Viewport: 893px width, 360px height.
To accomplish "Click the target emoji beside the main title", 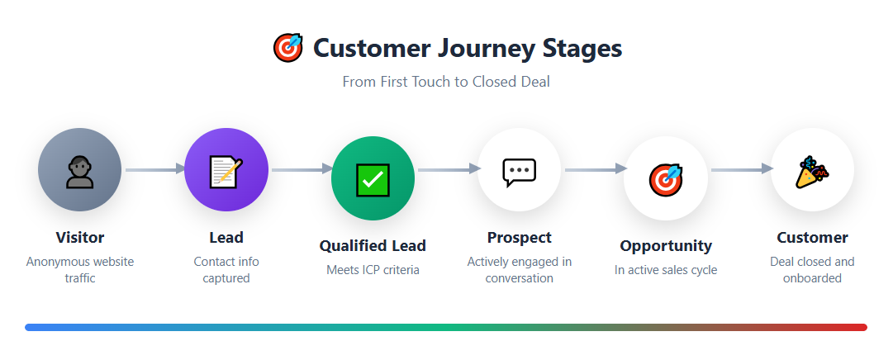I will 287,48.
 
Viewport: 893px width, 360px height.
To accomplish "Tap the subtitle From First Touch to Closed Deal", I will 446,82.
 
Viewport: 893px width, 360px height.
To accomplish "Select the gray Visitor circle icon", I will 80,170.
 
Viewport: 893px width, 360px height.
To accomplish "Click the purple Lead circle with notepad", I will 226,170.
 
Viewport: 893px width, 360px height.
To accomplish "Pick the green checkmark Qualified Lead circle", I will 373,178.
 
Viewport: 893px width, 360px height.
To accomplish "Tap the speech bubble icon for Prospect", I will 520,171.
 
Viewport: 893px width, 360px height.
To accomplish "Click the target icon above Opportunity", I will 665,178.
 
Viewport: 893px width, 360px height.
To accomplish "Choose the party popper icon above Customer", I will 812,171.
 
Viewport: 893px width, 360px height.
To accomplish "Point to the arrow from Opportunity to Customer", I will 740,170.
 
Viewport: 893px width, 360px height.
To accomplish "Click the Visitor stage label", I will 80,238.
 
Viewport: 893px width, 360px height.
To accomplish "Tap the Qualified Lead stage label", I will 373,246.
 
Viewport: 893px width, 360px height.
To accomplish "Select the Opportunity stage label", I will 666,246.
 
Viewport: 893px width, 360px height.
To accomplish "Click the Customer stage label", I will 812,238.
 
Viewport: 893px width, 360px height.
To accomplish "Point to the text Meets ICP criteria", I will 373,270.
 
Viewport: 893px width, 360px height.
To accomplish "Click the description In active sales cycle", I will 666,270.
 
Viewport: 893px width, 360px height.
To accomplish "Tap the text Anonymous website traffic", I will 80,270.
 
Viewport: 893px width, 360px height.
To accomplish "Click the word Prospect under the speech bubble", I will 520,238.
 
